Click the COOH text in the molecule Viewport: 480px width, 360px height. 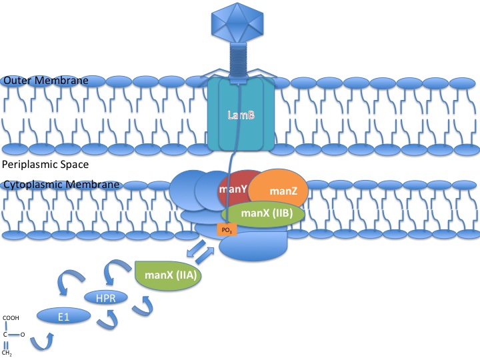coord(11,318)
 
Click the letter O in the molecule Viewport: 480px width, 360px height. coord(22,335)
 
